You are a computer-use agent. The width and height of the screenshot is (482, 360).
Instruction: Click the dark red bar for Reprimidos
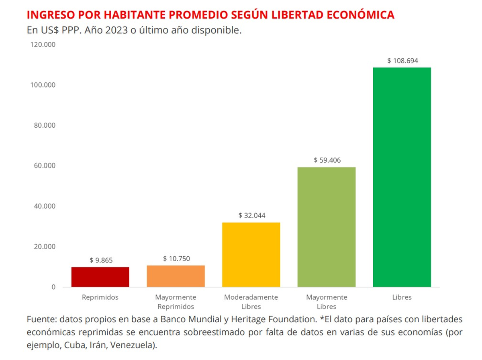tap(100, 277)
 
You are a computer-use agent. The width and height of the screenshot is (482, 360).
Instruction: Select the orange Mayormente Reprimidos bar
tap(176, 276)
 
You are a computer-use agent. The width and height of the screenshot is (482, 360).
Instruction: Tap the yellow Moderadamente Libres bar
tap(251, 255)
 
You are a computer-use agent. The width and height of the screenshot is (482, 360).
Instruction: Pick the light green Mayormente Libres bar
tap(327, 227)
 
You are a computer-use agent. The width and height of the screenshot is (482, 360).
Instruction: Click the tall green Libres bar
tap(402, 177)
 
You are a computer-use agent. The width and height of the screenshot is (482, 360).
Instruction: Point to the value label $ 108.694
tap(403, 61)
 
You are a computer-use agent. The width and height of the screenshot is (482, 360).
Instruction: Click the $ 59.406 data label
tap(327, 160)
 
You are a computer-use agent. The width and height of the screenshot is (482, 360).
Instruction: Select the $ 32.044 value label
tap(252, 215)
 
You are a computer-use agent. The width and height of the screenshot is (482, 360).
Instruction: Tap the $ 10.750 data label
tap(176, 259)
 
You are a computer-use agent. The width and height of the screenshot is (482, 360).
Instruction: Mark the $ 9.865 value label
tap(101, 260)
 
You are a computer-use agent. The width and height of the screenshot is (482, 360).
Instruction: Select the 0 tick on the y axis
tap(53, 287)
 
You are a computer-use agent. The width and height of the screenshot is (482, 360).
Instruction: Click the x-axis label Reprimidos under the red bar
tap(100, 298)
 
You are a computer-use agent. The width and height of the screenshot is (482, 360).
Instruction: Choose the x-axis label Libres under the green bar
tap(402, 298)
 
